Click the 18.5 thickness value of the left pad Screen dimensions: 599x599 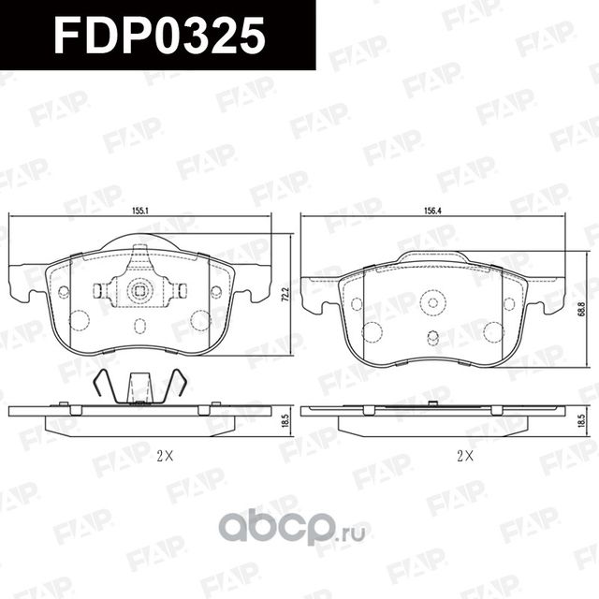[286, 420]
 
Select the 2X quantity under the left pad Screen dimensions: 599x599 [165, 457]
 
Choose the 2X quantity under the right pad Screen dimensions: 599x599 [465, 457]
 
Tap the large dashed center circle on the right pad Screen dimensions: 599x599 [432, 301]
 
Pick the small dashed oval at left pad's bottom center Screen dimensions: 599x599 [139, 326]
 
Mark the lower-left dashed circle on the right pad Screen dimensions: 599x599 [372, 331]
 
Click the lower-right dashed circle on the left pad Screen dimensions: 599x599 [198, 320]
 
